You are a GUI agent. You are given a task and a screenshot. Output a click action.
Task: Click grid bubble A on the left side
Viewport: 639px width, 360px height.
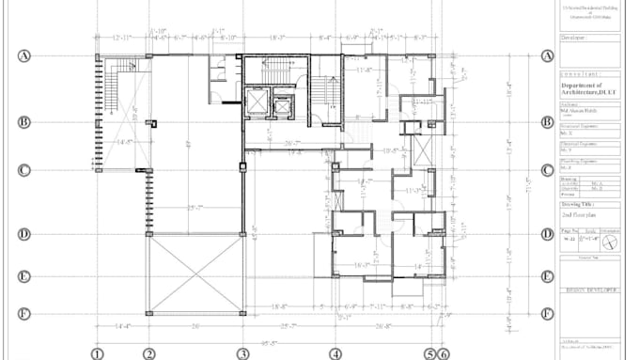(25, 55)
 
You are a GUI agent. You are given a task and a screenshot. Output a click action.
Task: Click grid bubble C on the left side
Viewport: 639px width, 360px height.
(25, 170)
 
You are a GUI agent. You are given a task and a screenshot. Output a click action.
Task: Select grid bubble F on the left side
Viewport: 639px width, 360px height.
(25, 314)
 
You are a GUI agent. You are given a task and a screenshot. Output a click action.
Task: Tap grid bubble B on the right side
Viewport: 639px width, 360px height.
(547, 121)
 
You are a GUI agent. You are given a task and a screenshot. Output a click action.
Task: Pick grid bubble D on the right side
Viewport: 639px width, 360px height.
(547, 235)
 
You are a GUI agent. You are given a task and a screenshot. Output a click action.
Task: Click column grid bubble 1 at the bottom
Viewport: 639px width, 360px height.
(96, 353)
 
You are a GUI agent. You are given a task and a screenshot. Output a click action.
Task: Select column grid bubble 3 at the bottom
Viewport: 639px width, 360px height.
(242, 353)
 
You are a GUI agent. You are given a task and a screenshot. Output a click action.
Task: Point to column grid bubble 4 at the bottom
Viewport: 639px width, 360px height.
(335, 353)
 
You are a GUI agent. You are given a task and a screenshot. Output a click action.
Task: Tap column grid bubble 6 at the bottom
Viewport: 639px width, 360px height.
(444, 354)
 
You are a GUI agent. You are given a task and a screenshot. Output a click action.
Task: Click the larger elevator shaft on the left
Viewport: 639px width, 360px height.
(256, 102)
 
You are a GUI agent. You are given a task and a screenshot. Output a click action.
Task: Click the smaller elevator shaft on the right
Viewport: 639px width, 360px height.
(282, 105)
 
